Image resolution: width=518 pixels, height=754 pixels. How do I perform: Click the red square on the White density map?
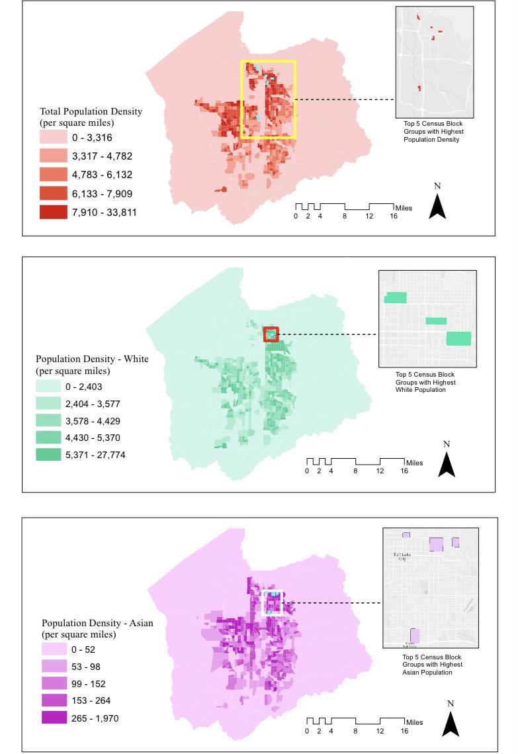pyautogui.click(x=271, y=334)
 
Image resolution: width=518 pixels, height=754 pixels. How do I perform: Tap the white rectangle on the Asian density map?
pyautogui.click(x=273, y=603)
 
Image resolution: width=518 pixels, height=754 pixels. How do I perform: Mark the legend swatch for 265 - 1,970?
pyautogui.click(x=56, y=718)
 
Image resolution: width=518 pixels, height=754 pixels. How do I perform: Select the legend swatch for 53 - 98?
pyautogui.click(x=56, y=667)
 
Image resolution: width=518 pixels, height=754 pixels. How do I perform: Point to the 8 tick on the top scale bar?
pyautogui.click(x=345, y=215)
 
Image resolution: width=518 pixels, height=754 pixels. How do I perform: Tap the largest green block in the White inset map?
pyautogui.click(x=458, y=338)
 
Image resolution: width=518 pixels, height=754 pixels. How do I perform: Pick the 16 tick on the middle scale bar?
pyautogui.click(x=404, y=471)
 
